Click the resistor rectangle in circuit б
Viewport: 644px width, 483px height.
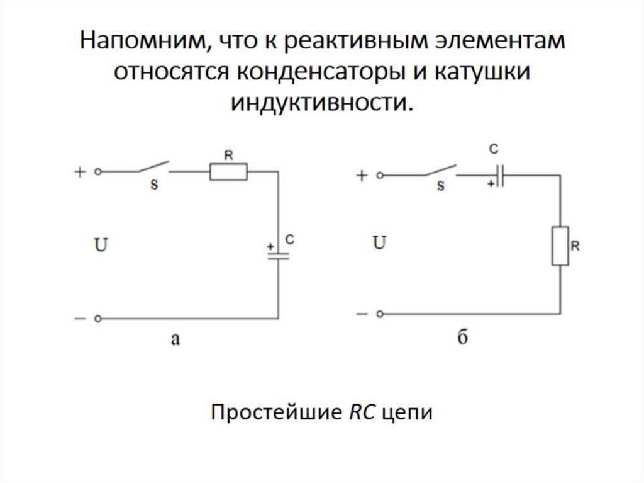[560, 246]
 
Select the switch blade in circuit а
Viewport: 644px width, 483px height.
[152, 168]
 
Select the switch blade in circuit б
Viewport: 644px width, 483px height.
[440, 171]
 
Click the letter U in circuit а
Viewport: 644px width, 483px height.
[101, 246]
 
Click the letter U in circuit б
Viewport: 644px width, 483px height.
[379, 243]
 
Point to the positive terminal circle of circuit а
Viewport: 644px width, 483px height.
[98, 171]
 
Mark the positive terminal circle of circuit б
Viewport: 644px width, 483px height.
[379, 176]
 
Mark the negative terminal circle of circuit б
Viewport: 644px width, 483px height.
[379, 314]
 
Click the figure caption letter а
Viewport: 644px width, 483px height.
[175, 340]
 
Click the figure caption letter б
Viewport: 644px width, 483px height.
[462, 337]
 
